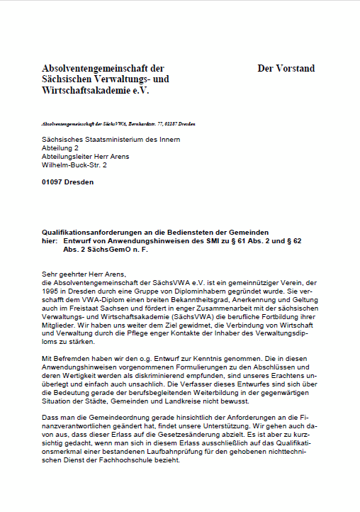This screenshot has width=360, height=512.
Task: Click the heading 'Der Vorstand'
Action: point(286,69)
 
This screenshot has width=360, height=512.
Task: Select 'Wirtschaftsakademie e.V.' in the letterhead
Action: point(96,91)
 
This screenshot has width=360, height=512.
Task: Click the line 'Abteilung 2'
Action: point(60,148)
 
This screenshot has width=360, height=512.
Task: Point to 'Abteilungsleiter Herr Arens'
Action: point(85,156)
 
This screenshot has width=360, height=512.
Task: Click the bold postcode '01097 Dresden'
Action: point(67,182)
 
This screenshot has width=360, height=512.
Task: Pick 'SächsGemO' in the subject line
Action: point(104,250)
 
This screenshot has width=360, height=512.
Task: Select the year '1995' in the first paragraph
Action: point(50,291)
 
